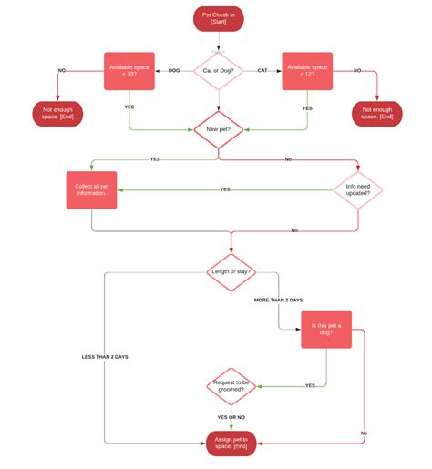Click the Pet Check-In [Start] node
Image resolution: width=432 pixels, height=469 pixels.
[218, 18]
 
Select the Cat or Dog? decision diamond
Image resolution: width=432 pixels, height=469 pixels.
[217, 71]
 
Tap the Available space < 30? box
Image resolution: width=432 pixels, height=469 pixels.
[129, 71]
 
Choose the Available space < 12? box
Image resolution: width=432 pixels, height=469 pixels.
[307, 71]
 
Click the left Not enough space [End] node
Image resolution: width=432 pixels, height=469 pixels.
[58, 115]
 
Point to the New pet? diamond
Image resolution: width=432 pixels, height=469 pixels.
[217, 130]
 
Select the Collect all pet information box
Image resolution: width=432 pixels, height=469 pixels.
[91, 190]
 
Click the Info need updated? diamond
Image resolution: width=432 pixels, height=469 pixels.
[358, 190]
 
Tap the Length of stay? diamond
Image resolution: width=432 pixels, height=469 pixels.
[231, 271]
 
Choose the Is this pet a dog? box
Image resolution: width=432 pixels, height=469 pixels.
[326, 329]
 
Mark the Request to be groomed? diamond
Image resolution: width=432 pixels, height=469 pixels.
[231, 385]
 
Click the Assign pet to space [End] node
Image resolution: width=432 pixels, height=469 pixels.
[231, 444]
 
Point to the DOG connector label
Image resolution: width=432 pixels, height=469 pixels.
[173, 70]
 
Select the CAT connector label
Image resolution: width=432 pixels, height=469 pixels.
[262, 70]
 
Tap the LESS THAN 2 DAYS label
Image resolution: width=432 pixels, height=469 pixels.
[105, 357]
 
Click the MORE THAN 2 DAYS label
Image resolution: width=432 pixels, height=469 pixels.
[279, 299]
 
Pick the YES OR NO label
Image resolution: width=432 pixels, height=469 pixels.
[231, 416]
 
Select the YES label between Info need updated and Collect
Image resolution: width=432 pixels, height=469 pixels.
[225, 189]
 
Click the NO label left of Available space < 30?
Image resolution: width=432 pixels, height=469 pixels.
[63, 70]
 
